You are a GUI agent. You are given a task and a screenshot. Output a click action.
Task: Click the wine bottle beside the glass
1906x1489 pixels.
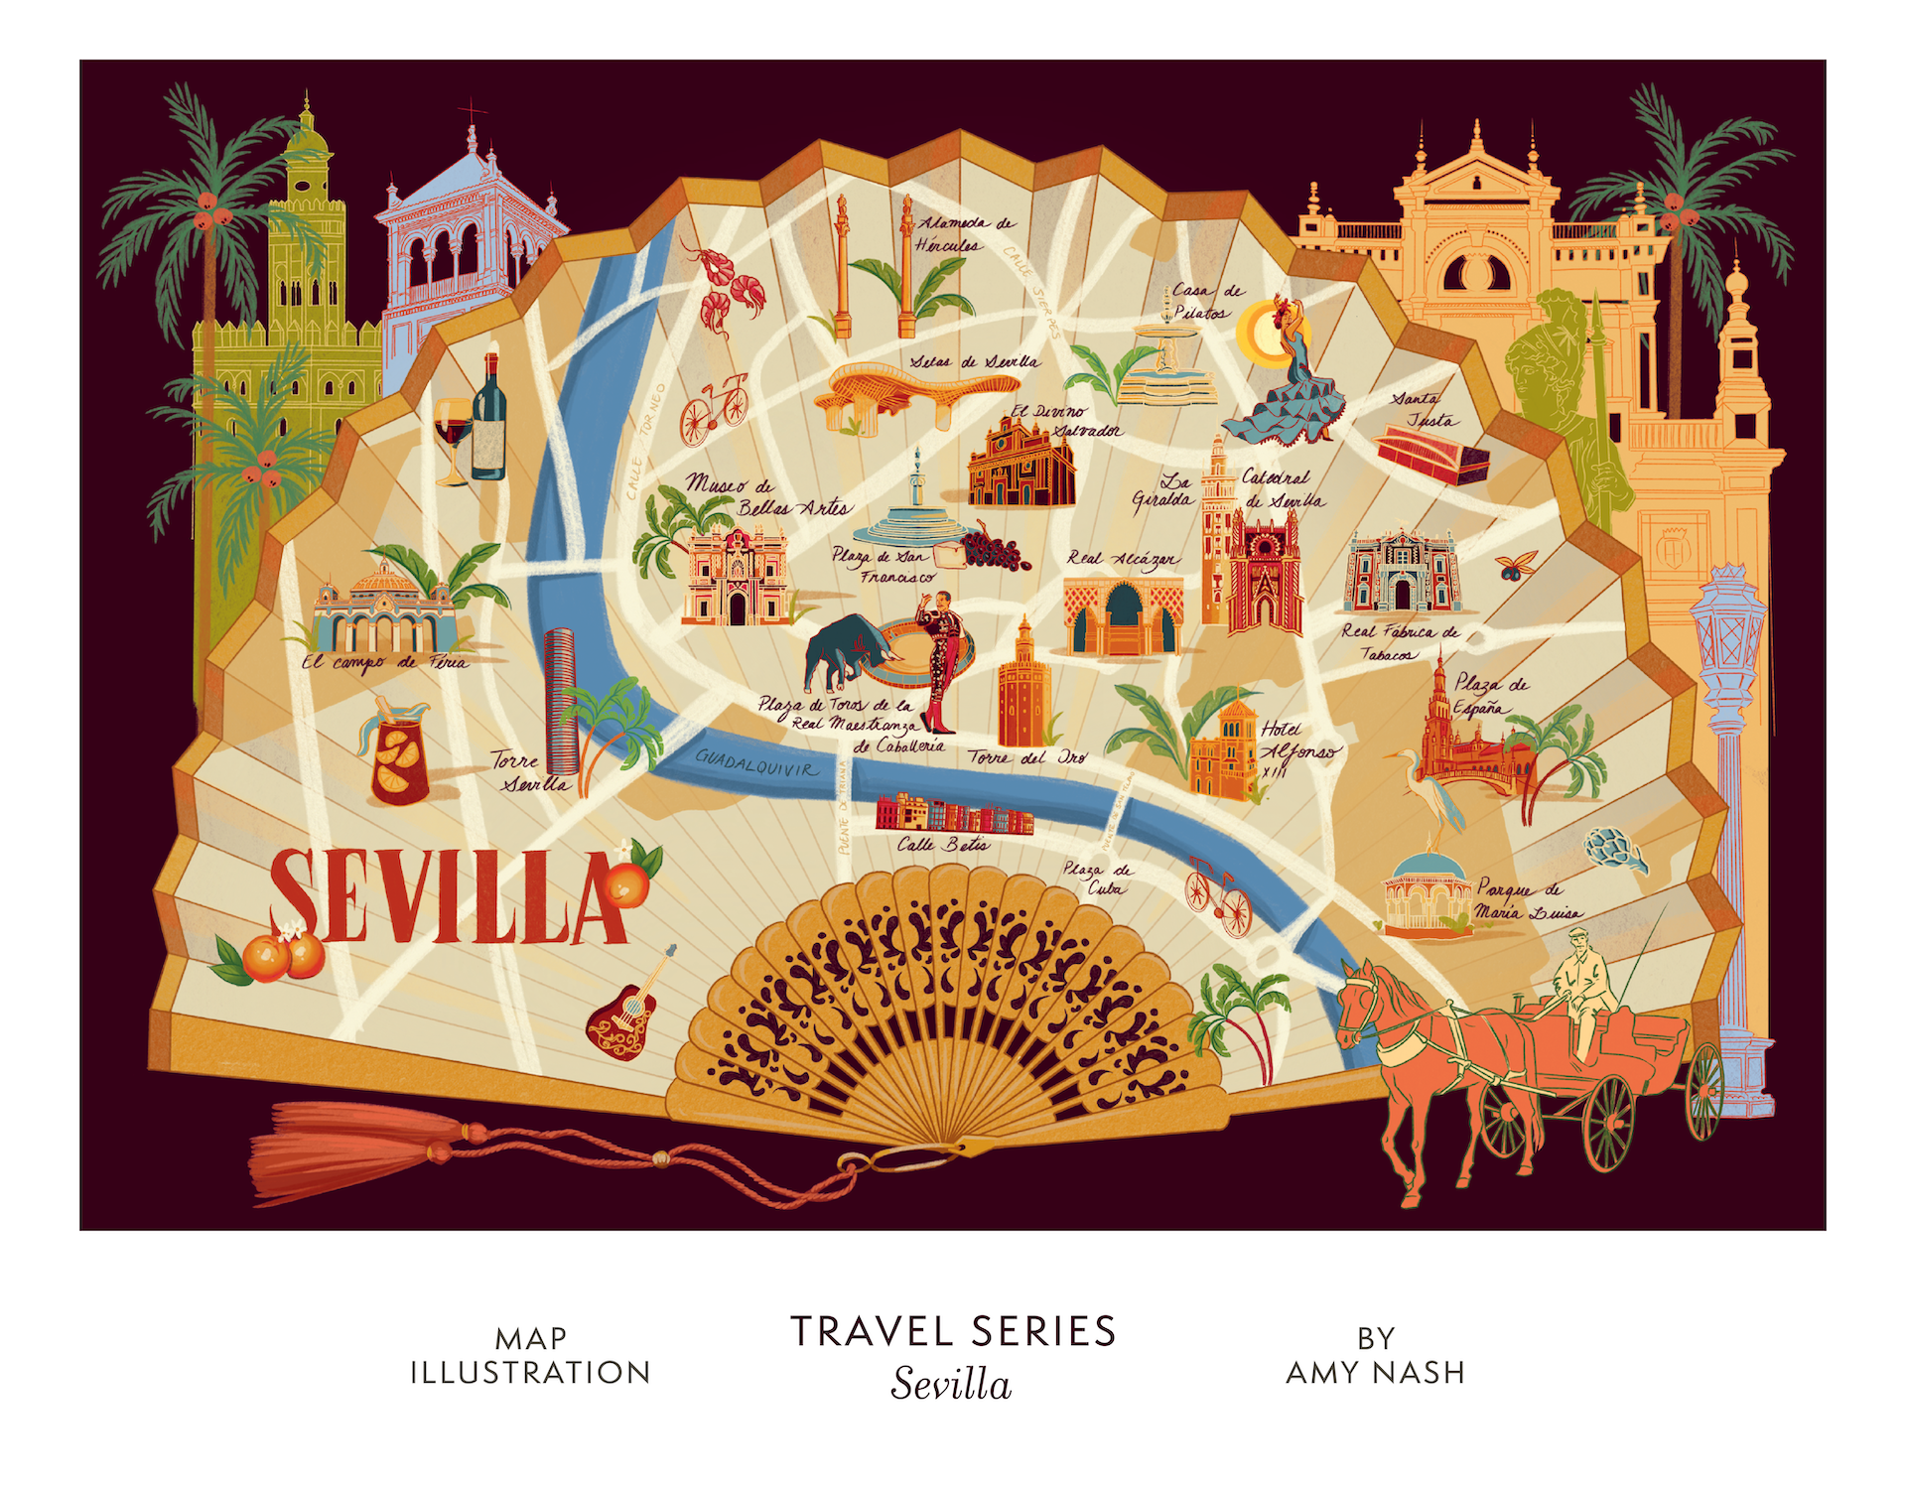(x=488, y=422)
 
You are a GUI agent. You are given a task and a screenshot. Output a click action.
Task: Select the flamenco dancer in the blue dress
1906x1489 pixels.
(x=1291, y=387)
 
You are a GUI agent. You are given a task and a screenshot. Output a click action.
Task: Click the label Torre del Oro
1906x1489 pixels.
(x=1027, y=757)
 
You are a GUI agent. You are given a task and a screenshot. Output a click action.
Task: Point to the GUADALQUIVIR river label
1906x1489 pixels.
(x=756, y=765)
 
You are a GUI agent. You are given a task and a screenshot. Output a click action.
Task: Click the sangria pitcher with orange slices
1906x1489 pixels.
(x=400, y=759)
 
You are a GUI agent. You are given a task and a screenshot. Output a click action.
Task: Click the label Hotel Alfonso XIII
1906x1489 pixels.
(x=1295, y=750)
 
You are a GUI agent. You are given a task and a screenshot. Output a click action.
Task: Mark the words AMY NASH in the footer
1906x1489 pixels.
(x=1375, y=1372)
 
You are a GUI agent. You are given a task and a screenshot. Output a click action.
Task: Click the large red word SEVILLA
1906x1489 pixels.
(x=447, y=898)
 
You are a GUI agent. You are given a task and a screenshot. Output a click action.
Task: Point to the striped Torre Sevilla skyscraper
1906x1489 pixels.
(x=561, y=700)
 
